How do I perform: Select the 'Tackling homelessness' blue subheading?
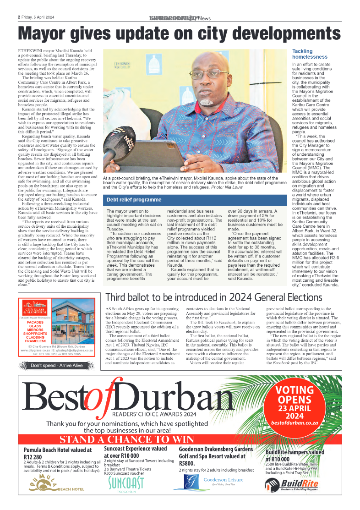pyautogui.click(x=310, y=54)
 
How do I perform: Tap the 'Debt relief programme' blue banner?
pyautogui.click(x=134, y=200)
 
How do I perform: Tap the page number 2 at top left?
pyautogui.click(x=19, y=17)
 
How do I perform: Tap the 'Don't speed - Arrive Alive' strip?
pyautogui.click(x=50, y=366)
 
